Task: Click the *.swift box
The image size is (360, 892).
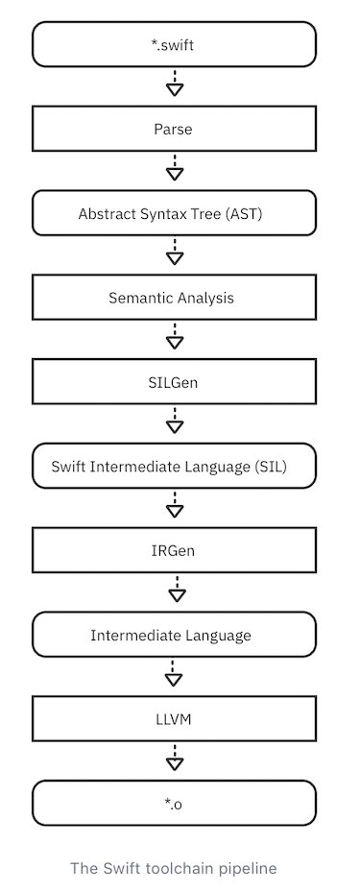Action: click(174, 44)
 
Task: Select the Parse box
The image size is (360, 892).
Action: click(174, 129)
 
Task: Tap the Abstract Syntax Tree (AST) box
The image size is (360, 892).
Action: click(174, 213)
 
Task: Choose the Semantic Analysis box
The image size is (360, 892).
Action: click(174, 298)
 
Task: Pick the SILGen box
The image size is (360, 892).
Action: click(174, 382)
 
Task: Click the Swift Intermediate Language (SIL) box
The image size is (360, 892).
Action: click(174, 467)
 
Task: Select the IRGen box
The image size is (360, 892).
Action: click(174, 551)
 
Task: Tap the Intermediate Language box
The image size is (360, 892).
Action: click(174, 636)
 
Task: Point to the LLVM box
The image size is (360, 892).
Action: click(174, 719)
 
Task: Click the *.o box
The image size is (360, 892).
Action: click(174, 804)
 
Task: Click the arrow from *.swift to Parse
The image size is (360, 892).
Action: click(175, 84)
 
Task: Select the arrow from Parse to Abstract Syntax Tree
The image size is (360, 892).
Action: click(175, 169)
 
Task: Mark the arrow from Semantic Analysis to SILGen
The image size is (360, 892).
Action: click(175, 338)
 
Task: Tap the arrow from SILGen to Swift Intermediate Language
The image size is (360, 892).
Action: click(175, 422)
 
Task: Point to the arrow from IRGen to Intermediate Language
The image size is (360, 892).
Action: click(175, 591)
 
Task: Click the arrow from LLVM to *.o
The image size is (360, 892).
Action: click(175, 759)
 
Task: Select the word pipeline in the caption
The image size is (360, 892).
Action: click(249, 868)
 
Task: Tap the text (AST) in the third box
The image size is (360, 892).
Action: click(245, 213)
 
